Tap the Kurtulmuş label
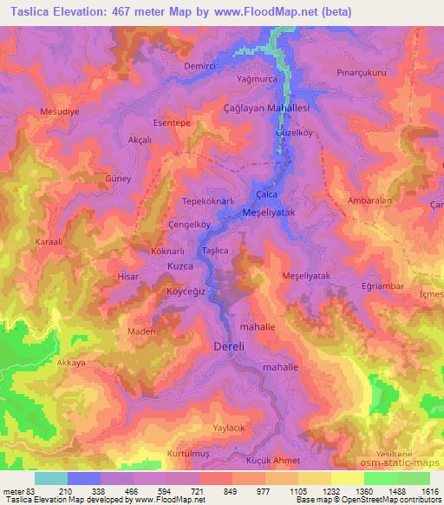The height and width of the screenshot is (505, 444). tap(189, 454)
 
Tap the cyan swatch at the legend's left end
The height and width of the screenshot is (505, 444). tap(51, 478)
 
